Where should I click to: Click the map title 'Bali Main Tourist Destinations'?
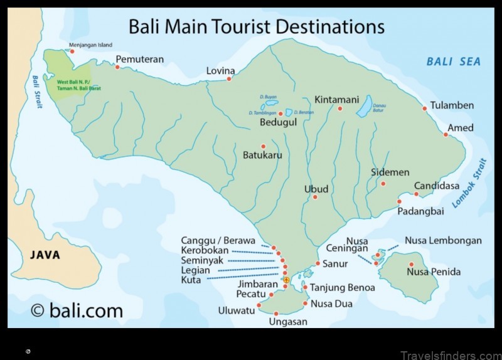256,26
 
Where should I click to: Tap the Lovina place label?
220,71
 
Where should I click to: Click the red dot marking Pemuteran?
117,66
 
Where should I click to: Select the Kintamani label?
336,100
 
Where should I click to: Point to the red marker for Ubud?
315,197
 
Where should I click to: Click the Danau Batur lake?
364,109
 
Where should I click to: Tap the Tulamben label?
452,105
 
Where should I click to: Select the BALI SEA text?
453,61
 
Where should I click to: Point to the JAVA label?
45,255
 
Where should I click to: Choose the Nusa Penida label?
434,272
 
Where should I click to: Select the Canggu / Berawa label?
218,241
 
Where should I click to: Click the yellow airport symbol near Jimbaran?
286,280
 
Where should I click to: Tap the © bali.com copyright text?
77,310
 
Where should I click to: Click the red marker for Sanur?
318,263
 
